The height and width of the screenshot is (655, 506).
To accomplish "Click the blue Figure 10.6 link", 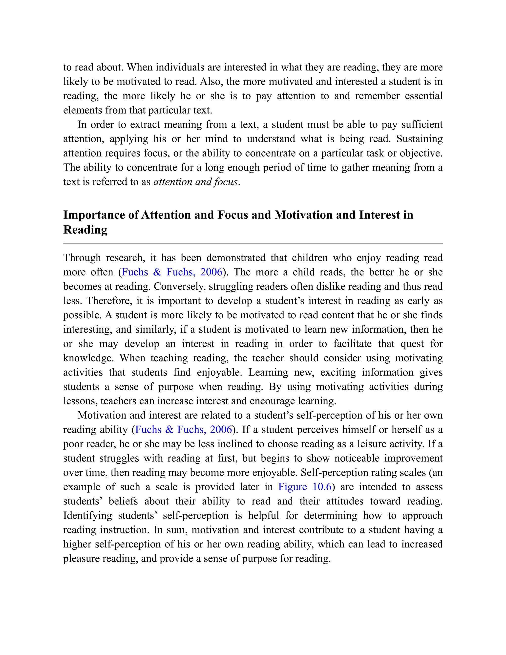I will tap(305, 486).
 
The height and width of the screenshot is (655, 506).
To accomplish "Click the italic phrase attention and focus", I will tap(196, 182).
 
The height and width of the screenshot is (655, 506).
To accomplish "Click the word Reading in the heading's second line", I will tap(85, 230).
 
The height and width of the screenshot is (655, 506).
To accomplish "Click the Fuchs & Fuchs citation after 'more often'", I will tap(172, 272).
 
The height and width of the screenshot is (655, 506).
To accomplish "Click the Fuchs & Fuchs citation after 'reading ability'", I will tap(184, 430).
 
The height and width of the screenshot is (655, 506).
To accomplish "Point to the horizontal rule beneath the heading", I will tap(253, 243).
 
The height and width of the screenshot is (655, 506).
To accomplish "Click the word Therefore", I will tap(109, 301).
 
